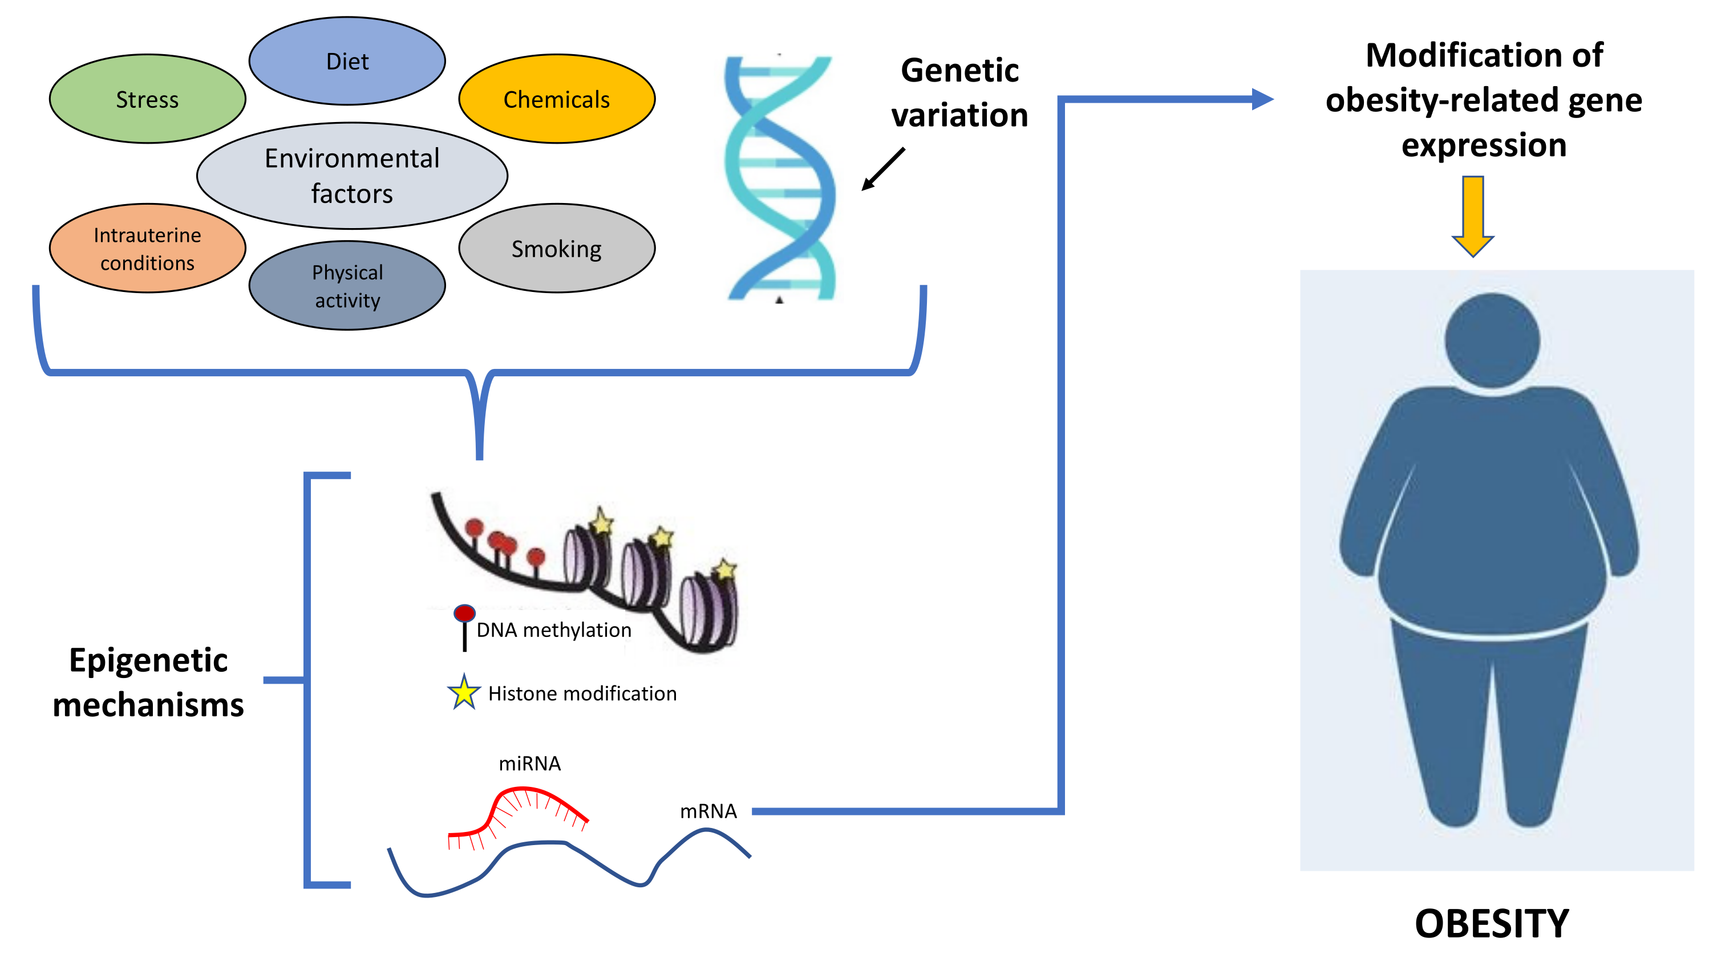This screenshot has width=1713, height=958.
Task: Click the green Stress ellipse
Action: point(147,99)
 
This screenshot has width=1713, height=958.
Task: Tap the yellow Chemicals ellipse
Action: point(556,99)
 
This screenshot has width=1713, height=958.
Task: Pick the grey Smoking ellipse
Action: point(556,248)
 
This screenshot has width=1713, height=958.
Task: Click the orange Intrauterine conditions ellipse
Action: point(147,248)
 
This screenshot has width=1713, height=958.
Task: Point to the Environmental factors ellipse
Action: point(352,175)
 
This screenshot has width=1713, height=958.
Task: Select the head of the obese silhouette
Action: point(1492,340)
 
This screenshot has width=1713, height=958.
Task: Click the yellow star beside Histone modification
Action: point(464,693)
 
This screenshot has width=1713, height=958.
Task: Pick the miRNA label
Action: point(529,763)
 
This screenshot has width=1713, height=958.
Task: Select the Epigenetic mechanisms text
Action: point(148,682)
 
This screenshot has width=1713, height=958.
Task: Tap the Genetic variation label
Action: point(959,92)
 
